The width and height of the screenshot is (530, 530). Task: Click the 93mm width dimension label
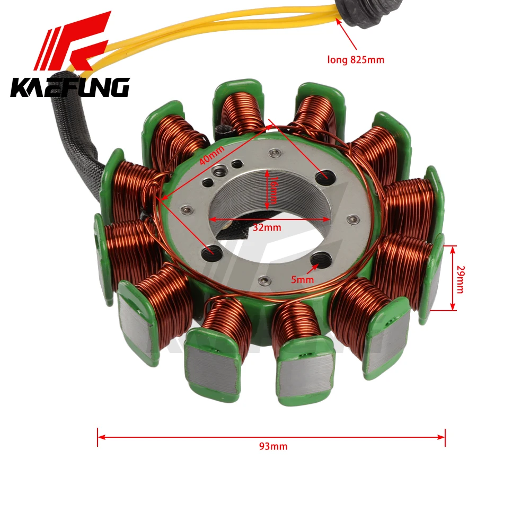273,446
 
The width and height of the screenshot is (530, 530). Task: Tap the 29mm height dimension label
461,279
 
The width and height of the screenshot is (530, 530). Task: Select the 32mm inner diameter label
267,227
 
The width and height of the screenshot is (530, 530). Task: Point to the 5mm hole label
303,279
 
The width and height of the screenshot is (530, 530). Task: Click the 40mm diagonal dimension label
212,155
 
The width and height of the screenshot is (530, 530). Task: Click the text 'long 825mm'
356,60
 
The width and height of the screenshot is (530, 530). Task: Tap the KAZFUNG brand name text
70,87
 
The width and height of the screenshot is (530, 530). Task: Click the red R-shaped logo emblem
73,41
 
